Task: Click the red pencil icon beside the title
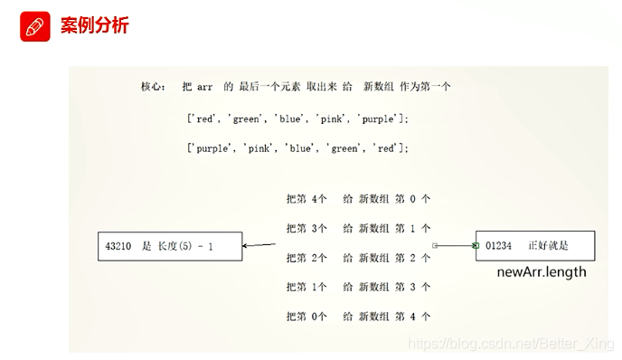click(x=33, y=26)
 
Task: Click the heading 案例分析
click(x=94, y=25)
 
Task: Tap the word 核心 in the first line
click(x=152, y=87)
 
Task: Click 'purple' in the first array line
click(x=380, y=118)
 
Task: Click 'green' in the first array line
click(x=249, y=118)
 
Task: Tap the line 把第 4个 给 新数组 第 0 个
click(x=357, y=198)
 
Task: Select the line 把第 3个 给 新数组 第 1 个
click(x=357, y=228)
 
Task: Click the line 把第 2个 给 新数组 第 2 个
click(x=357, y=258)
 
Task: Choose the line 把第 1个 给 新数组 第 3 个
click(x=357, y=287)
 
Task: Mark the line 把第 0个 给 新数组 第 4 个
click(x=357, y=317)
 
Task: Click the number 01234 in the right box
click(x=498, y=245)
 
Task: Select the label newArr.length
click(x=542, y=272)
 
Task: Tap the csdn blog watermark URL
click(x=512, y=344)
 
